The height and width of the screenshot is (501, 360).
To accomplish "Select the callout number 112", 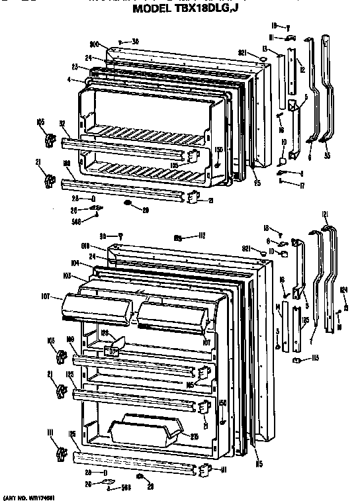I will point(201,236).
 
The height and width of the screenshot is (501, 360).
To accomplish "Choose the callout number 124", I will point(343,289).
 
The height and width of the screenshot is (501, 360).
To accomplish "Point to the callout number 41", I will point(224,470).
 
